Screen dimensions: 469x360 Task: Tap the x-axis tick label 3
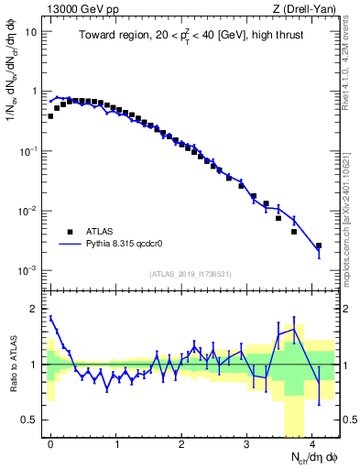[247, 442]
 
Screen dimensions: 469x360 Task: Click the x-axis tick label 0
[51, 442]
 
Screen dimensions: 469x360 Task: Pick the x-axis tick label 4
[312, 442]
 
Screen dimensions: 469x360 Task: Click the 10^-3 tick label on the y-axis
[27, 271]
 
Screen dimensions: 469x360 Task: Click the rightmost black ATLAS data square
[318, 245]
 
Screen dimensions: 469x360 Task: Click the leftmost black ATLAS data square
[50, 116]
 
